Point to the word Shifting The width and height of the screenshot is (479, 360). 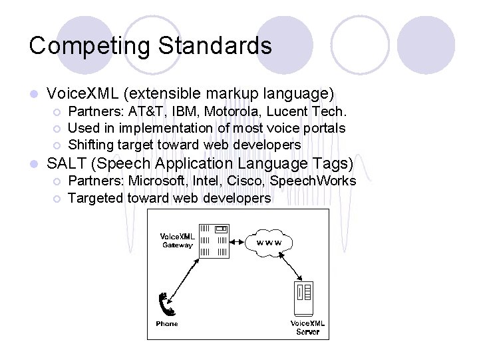point(91,145)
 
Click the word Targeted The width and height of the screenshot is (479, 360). point(94,198)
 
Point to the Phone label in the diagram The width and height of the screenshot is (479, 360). point(167,324)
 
